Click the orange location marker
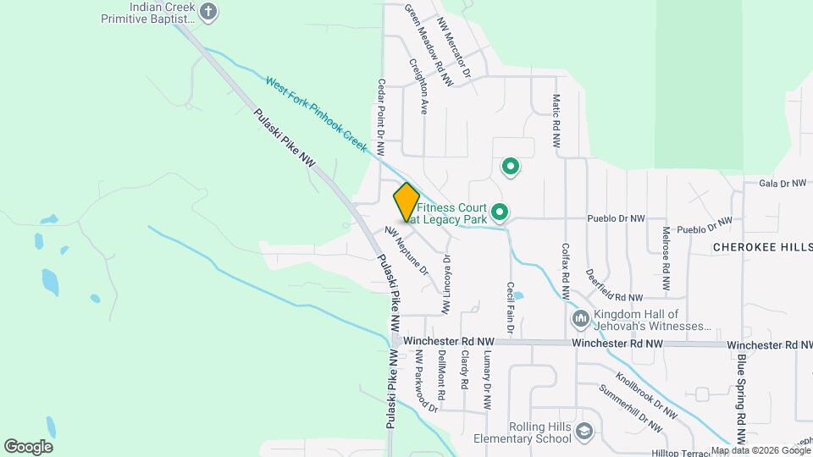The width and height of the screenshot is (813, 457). pos(406,202)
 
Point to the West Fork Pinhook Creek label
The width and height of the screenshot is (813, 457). pos(315,114)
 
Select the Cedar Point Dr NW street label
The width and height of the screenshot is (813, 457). pos(381,117)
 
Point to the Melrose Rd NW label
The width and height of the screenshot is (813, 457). pos(666,250)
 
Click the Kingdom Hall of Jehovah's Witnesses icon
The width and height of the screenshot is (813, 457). pos(581,319)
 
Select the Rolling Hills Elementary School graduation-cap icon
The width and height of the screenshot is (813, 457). pos(583,433)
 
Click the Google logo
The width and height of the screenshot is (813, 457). pos(28,446)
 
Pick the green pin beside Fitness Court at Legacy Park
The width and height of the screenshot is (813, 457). pos(500,212)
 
